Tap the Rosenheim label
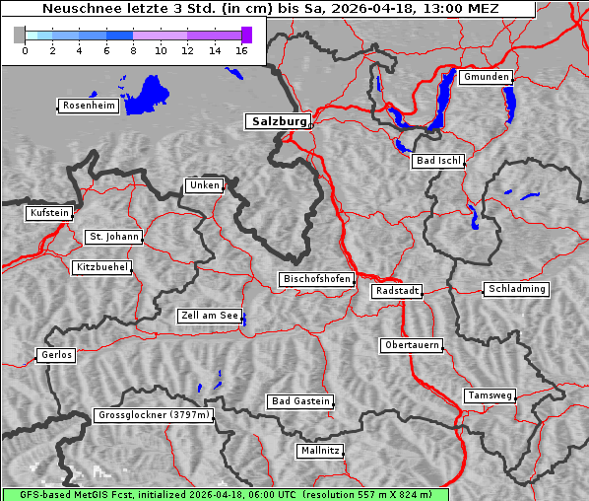[88, 106]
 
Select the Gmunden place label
[486, 77]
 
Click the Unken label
[204, 185]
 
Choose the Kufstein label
[48, 213]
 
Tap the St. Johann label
[113, 237]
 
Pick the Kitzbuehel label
[101, 267]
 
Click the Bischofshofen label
[316, 280]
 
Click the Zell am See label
[210, 316]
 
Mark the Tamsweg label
[490, 395]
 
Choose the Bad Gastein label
[300, 401]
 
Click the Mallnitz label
[320, 451]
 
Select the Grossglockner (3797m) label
[154, 415]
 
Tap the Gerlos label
[56, 355]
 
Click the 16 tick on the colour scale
[242, 50]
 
